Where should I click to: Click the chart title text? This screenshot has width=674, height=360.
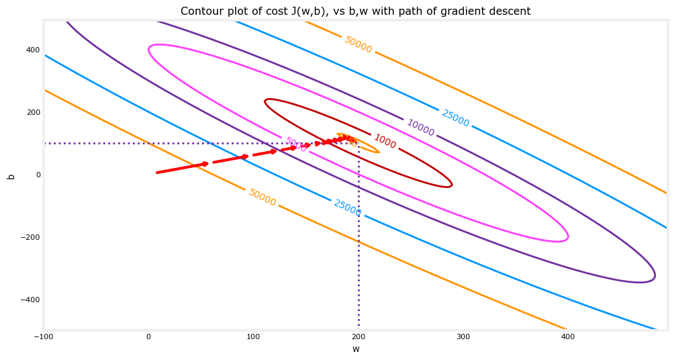[x=355, y=11]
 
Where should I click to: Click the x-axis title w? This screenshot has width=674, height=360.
[x=356, y=349]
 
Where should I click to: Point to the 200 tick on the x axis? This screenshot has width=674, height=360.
[x=358, y=336]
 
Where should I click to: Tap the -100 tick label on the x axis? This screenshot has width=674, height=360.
[x=43, y=336]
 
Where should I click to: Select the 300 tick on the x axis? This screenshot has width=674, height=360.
[x=463, y=336]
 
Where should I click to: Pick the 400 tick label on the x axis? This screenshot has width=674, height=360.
[x=568, y=336]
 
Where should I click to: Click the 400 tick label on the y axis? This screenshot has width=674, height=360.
[x=33, y=50]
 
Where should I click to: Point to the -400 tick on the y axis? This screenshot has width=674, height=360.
[x=30, y=300]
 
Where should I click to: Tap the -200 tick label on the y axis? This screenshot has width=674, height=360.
[x=30, y=237]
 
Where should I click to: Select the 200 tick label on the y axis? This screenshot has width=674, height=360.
[x=33, y=112]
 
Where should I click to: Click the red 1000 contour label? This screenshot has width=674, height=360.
[x=385, y=141]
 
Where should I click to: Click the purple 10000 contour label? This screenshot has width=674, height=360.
[x=421, y=128]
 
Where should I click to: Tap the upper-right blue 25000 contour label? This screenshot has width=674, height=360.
[x=455, y=118]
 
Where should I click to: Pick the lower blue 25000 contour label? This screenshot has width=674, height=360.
[x=347, y=208]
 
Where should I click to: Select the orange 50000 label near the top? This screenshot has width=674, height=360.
[x=358, y=44]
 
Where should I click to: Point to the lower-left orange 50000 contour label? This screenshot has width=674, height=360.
[x=262, y=197]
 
